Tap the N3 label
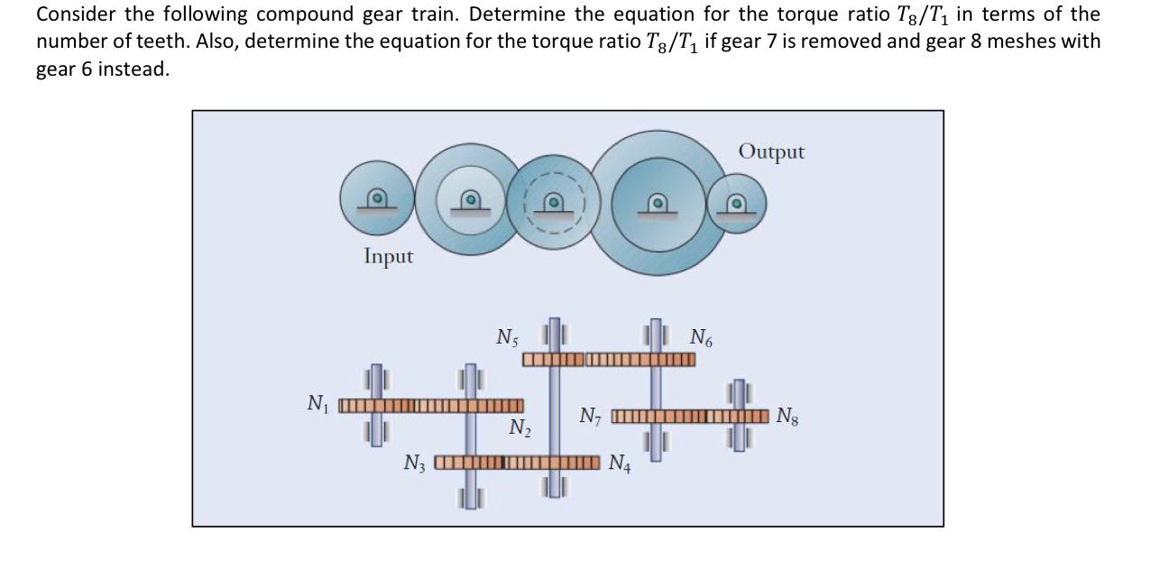(415, 464)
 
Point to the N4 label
(620, 464)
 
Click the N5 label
(507, 337)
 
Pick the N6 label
(700, 338)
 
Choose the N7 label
(590, 417)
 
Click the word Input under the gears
(389, 257)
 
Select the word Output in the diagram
(771, 151)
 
